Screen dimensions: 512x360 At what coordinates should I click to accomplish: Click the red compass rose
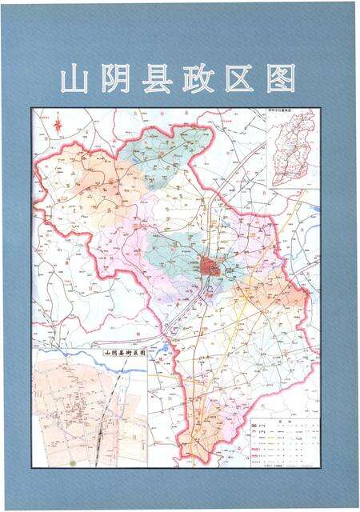point(58,124)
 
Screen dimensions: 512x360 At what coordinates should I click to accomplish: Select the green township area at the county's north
point(170,149)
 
